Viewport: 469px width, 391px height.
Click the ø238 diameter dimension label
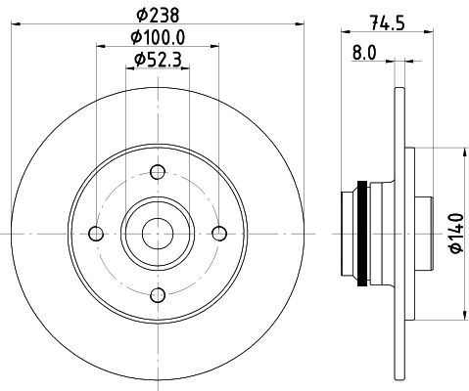tap(158, 15)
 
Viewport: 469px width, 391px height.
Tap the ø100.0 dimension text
tap(158, 37)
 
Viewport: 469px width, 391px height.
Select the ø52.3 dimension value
tap(158, 60)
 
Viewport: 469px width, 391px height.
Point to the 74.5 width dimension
tap(388, 22)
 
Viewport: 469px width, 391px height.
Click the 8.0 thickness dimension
tap(364, 53)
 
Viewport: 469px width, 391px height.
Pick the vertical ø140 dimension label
tap(456, 233)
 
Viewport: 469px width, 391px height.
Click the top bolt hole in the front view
tap(158, 172)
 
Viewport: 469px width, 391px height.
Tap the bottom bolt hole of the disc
tap(158, 295)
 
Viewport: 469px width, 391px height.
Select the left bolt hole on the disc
tap(96, 234)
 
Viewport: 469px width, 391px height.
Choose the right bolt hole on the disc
tap(219, 234)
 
